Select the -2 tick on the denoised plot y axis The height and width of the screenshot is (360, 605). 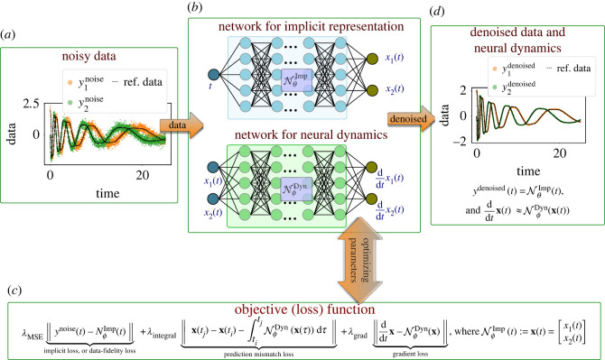[x=449, y=143]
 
